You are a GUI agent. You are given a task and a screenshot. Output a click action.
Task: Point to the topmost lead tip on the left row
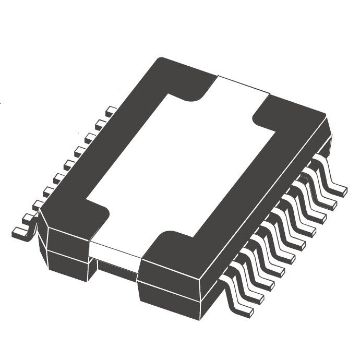[x=111, y=111]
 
